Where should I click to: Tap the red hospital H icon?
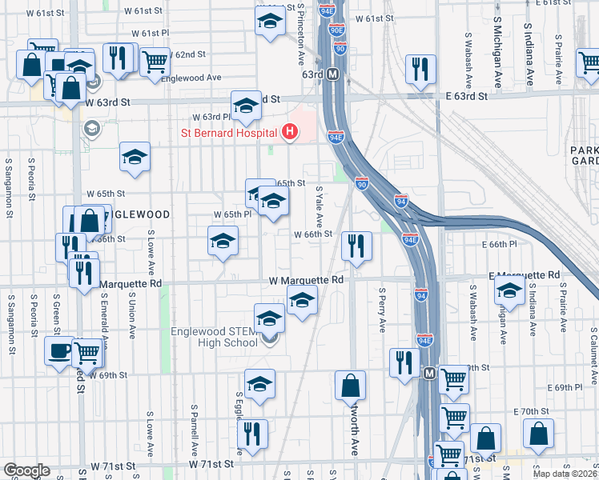pyautogui.click(x=291, y=131)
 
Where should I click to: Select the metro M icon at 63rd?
pyautogui.click(x=334, y=74)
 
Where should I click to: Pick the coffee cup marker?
pyautogui.click(x=58, y=351)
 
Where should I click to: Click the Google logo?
pyautogui.click(x=26, y=470)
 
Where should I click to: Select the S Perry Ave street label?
pyautogui.click(x=383, y=310)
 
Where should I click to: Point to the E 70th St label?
pyautogui.click(x=533, y=410)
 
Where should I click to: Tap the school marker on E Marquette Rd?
pyautogui.click(x=509, y=293)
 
